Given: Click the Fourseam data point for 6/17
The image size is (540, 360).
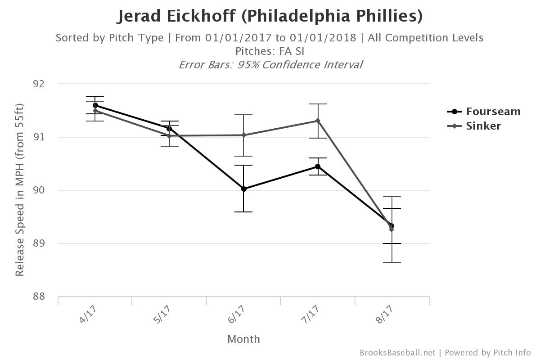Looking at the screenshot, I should [243, 189].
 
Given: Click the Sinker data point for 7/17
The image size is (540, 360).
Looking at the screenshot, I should [318, 121].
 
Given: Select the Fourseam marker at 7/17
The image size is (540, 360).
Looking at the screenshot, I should [318, 166].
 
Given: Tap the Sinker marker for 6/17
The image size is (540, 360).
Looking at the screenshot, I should [243, 135].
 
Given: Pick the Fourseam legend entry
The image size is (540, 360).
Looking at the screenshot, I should [484, 112].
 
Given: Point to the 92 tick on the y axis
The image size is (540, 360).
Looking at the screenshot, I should [39, 84].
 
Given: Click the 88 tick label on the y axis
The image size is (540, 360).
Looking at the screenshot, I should [39, 297].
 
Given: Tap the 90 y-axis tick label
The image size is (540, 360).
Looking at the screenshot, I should [39, 190].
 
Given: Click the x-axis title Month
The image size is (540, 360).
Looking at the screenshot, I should [243, 339].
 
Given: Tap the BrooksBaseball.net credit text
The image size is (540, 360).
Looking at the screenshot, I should [397, 353].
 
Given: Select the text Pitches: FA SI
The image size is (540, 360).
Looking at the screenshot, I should [270, 51].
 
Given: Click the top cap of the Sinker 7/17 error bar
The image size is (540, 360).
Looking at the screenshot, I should [318, 104].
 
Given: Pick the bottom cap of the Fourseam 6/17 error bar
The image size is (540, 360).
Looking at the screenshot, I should [243, 212].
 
